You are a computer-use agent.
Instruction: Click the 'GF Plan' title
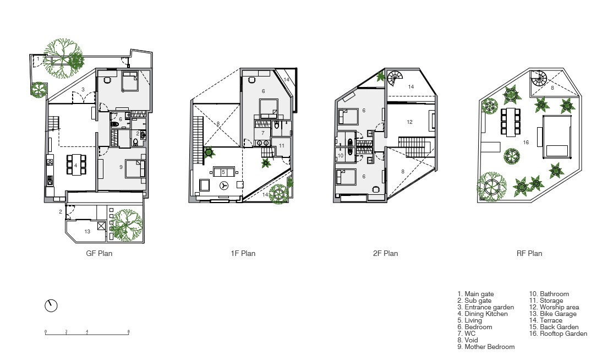pos(99,253)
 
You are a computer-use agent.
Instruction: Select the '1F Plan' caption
pos(243,253)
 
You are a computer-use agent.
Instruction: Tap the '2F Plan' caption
pos(385,253)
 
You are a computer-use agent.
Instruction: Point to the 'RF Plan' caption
pos(529,253)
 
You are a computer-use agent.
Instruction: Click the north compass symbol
pos(51,306)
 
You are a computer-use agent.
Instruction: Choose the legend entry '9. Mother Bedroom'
pos(486,347)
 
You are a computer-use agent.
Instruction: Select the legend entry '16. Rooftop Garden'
pos(558,334)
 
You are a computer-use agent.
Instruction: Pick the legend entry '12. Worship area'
pos(554,307)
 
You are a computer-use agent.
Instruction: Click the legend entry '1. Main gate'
pos(475,294)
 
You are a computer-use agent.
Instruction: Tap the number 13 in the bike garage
pos(87,231)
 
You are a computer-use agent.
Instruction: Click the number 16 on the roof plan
pos(526,142)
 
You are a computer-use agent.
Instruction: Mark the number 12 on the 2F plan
pos(409,122)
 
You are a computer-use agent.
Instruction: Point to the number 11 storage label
pos(282,146)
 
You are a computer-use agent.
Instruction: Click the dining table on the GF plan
pos(76,165)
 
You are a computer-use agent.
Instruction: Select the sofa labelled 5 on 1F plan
pos(223,172)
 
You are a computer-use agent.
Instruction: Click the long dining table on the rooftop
pos(511,122)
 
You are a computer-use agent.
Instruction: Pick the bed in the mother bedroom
pos(135,169)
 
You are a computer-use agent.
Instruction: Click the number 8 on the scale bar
pos(128,332)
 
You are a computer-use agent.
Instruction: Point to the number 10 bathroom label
pos(341,156)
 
